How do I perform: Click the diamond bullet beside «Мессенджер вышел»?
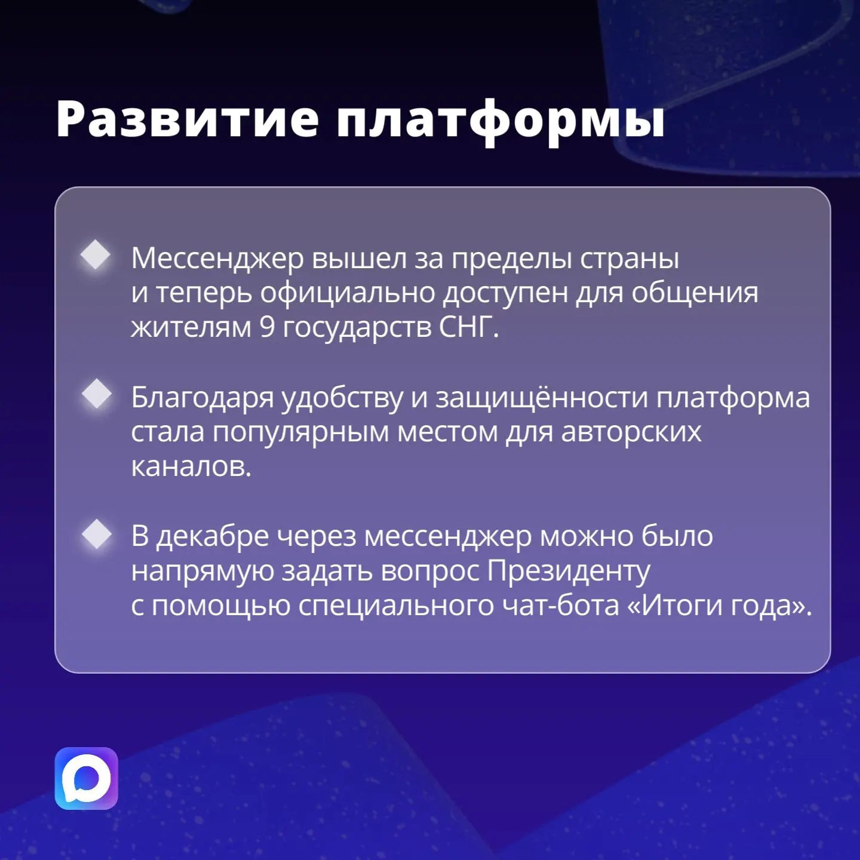pyautogui.click(x=96, y=254)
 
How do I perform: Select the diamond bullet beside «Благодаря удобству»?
pyautogui.click(x=97, y=394)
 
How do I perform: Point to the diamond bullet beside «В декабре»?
pyautogui.click(x=97, y=533)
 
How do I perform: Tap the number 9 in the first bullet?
pyautogui.click(x=267, y=327)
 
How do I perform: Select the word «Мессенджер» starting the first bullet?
pyautogui.click(x=217, y=259)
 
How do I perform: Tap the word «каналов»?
pyautogui.click(x=191, y=467)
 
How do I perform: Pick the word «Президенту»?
pyautogui.click(x=569, y=572)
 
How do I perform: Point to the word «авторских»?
pyautogui.click(x=631, y=432)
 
